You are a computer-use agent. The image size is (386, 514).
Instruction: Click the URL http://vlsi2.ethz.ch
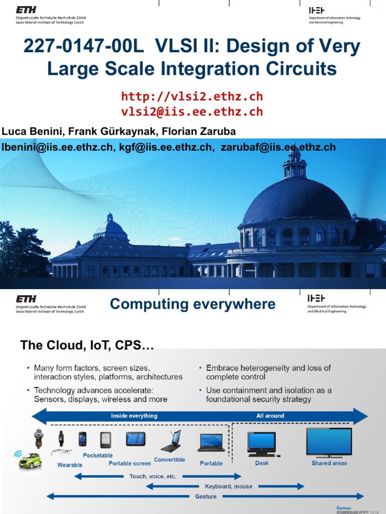(192, 96)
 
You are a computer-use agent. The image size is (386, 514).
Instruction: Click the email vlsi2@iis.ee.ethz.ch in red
(192, 111)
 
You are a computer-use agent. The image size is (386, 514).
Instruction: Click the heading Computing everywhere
(192, 304)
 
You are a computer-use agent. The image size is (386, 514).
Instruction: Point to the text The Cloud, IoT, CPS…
(86, 345)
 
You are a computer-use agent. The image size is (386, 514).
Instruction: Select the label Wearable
(70, 465)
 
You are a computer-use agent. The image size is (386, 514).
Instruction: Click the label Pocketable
(98, 455)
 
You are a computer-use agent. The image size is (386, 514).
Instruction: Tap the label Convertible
(169, 460)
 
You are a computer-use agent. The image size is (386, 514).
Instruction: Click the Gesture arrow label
(206, 496)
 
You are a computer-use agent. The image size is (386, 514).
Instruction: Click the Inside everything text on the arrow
(134, 416)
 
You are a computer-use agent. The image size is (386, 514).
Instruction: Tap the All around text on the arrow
(270, 416)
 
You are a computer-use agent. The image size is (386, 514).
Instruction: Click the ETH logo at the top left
(26, 10)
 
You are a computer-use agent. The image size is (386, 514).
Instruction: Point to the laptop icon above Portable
(211, 443)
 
